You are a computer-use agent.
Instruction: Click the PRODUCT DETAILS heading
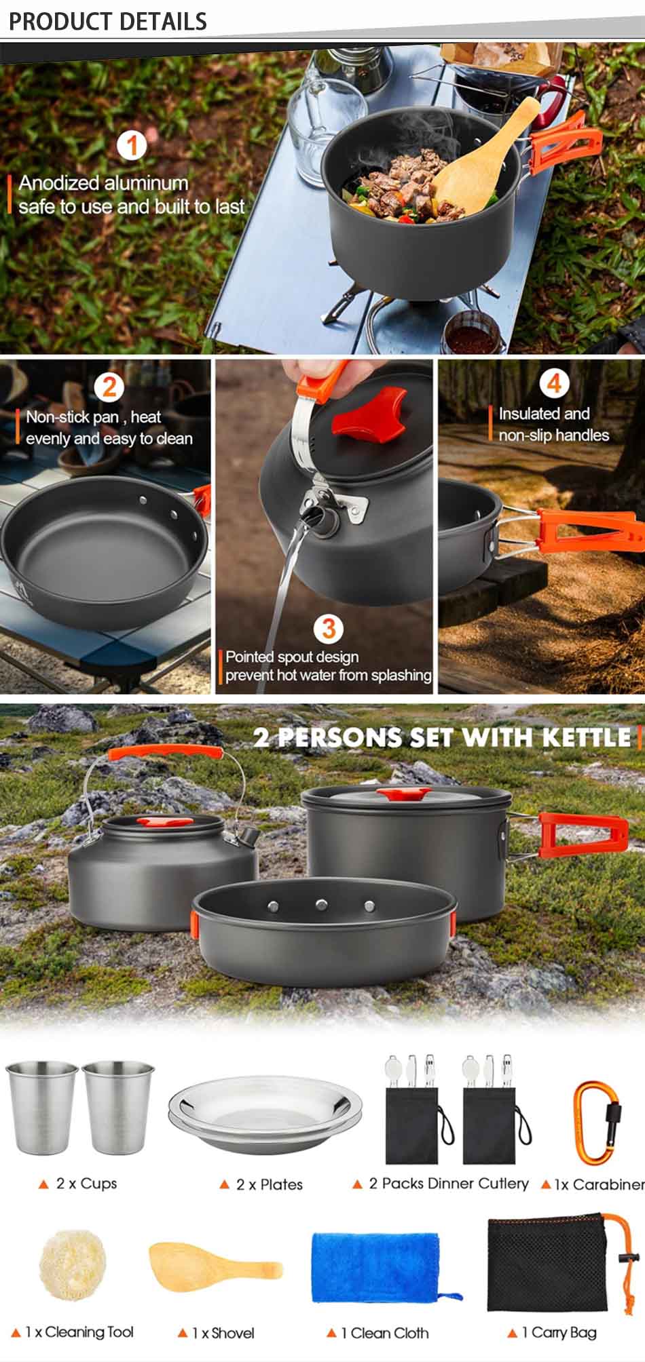pyautogui.click(x=107, y=21)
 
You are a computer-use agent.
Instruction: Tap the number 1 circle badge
pyautogui.click(x=132, y=145)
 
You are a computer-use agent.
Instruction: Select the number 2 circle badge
pyautogui.click(x=110, y=387)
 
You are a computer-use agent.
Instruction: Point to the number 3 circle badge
pyautogui.click(x=329, y=628)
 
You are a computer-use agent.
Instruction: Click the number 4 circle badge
pyautogui.click(x=553, y=383)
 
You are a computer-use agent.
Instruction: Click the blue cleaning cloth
pyautogui.click(x=377, y=1267)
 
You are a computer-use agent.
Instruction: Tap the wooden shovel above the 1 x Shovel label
pyautogui.click(x=214, y=1266)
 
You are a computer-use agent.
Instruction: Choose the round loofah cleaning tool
pyautogui.click(x=73, y=1262)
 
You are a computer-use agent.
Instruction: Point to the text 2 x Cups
pyautogui.click(x=86, y=1184)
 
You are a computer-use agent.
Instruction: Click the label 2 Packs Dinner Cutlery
pyautogui.click(x=448, y=1184)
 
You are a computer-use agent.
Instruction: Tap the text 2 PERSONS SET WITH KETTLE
pyautogui.click(x=442, y=738)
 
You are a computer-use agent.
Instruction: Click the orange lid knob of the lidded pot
pyautogui.click(x=403, y=794)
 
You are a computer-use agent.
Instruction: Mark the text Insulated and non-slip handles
pyautogui.click(x=553, y=424)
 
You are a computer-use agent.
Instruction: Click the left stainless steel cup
pyautogui.click(x=42, y=1107)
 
